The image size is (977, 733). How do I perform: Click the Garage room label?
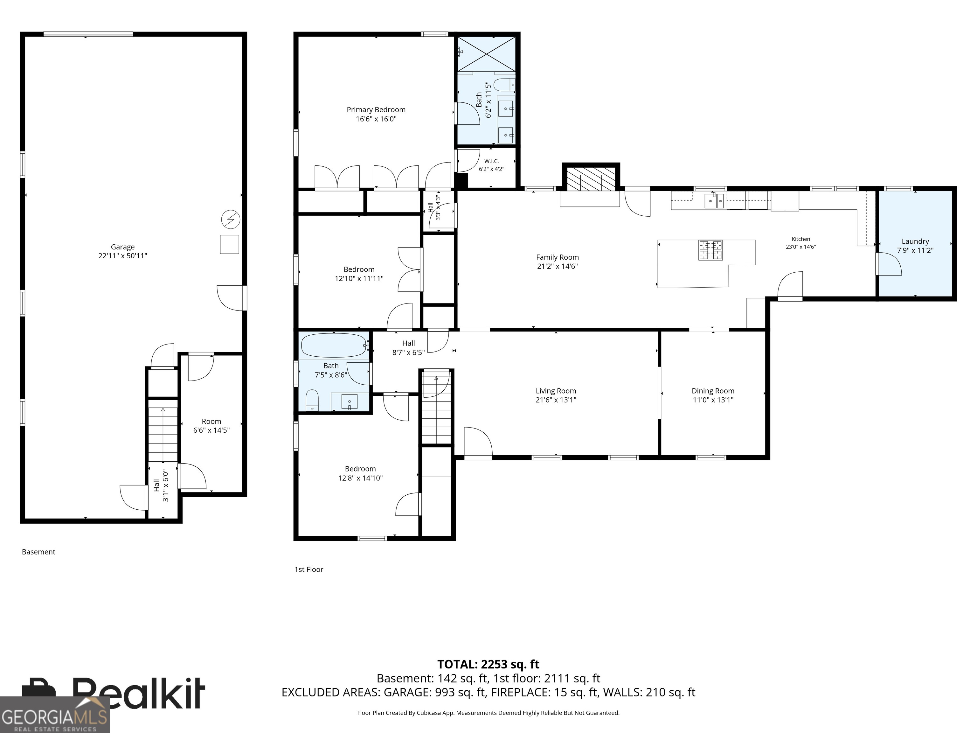123,247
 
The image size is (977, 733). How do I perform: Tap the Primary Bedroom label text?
376,109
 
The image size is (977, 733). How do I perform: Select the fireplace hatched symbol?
591,179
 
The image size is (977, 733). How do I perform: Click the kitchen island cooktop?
710,250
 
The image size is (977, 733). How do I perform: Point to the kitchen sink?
715,201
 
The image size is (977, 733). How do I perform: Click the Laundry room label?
915,241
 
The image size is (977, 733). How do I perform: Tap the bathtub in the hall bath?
334,345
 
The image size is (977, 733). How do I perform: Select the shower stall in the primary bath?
486,54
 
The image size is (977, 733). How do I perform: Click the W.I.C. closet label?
492,161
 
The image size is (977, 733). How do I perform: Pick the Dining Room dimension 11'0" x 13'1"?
713,400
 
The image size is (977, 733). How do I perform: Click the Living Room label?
556,391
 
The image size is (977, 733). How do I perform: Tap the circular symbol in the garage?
231,219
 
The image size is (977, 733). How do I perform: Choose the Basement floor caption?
38,552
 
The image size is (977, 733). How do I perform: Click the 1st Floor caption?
309,569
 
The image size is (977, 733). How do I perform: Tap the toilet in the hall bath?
312,400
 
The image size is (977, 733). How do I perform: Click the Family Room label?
557,257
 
